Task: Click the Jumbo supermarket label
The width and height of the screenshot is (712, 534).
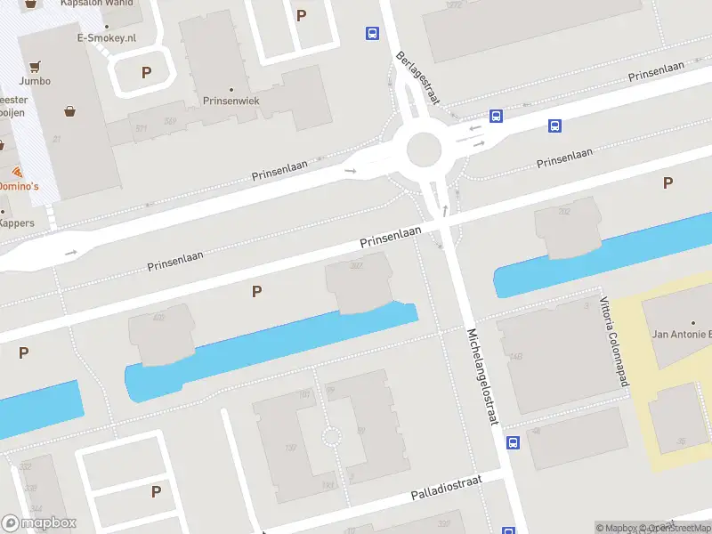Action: coord(35,81)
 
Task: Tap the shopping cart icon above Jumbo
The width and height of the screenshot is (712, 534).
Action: coord(35,66)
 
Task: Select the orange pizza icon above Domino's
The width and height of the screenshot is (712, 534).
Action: coord(17,170)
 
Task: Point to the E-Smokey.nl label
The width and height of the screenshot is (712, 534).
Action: coord(105,38)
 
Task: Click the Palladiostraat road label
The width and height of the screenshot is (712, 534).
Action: coord(446,487)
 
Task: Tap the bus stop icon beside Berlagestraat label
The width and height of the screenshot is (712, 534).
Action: coord(371,34)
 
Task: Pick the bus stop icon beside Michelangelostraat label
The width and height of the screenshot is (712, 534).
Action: coord(513,442)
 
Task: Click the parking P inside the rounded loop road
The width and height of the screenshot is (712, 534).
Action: coord(146,72)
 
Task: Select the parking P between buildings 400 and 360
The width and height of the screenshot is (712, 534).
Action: coord(257,291)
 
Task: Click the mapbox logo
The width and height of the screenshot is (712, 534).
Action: coord(39,523)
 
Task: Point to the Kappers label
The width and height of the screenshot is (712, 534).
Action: coord(17,222)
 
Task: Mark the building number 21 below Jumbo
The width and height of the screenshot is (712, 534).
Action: coord(55,139)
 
